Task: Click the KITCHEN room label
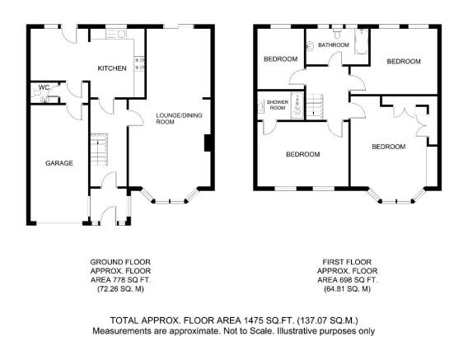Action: [x=112, y=68]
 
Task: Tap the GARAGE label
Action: [x=59, y=163]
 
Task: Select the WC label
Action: [x=44, y=87]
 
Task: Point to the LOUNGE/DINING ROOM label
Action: [x=179, y=119]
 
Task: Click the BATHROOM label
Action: [x=334, y=45]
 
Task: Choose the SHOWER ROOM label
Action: [x=278, y=105]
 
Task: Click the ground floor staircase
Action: [x=99, y=150]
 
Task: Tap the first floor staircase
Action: [x=315, y=106]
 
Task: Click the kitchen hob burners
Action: [x=139, y=64]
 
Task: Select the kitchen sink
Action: [x=116, y=34]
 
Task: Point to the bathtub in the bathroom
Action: [x=361, y=41]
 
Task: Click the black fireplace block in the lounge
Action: [x=208, y=143]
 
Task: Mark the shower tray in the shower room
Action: [x=297, y=105]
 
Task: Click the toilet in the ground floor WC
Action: [x=37, y=92]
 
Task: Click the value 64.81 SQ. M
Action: [x=347, y=289]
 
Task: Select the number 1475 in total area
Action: [x=254, y=320]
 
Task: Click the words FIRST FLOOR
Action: [x=347, y=262]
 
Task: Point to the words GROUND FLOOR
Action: [x=120, y=262]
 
